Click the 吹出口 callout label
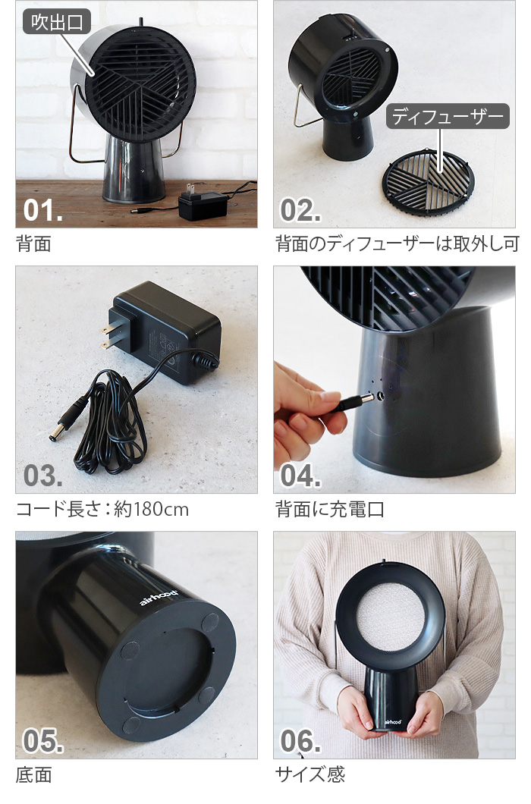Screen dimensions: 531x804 coord(57,22)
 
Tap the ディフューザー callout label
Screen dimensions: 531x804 coord(448,116)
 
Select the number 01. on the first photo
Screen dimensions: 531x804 coord(43,210)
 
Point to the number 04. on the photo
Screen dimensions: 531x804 coord(300,476)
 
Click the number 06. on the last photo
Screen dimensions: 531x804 coord(300,741)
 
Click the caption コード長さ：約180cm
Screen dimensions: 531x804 coord(102,509)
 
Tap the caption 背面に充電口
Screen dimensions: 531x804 coord(330,509)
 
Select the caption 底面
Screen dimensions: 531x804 coord(34,774)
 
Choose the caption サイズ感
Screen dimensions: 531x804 coord(310,774)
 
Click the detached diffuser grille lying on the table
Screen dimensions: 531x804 coord(429,182)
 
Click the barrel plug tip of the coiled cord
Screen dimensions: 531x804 coord(53,436)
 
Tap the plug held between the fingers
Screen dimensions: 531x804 coord(355,401)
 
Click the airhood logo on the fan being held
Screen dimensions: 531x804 coord(394,722)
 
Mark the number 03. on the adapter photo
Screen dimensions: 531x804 coord(43,476)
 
